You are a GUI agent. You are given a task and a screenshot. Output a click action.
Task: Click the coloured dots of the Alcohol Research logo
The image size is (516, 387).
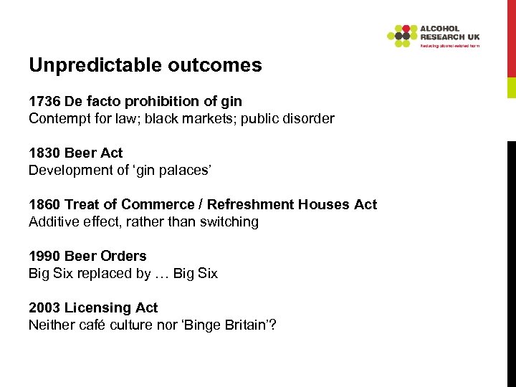pos(402,35)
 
